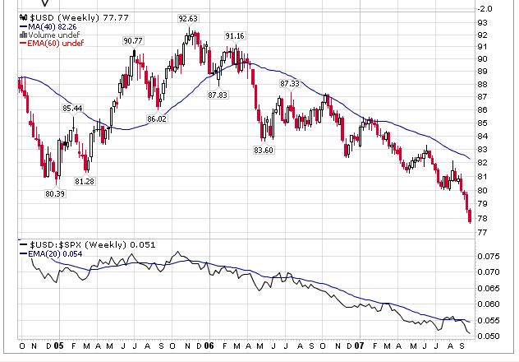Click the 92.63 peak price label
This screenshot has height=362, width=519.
tap(190, 18)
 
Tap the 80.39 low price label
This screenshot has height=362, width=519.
tap(54, 194)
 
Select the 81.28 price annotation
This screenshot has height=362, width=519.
tap(84, 181)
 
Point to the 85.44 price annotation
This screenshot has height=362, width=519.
tap(72, 109)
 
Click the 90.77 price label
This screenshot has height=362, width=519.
tap(133, 40)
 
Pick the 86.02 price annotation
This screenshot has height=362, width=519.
tap(156, 119)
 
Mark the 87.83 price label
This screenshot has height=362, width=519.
tap(218, 95)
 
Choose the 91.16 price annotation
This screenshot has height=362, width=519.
tap(234, 36)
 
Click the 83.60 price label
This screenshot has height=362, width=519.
tap(264, 150)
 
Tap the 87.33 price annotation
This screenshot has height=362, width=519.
tap(289, 84)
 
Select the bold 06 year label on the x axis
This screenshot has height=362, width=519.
tap(209, 346)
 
